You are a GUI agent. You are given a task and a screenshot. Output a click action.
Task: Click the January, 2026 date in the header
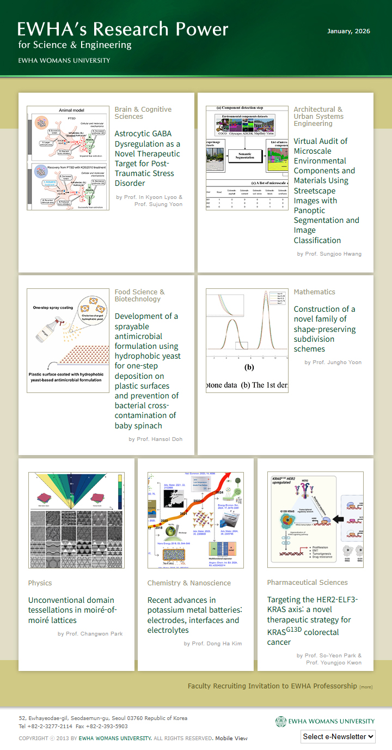click(x=348, y=31)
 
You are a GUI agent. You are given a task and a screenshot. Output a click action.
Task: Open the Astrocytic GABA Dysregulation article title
click(x=147, y=158)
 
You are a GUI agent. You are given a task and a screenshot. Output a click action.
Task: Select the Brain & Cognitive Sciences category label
click(x=143, y=113)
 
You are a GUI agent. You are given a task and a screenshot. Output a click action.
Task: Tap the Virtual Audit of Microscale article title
click(x=326, y=190)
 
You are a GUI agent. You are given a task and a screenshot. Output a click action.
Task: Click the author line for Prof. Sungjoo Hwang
click(x=329, y=254)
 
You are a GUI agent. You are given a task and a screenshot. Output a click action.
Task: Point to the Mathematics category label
click(x=314, y=292)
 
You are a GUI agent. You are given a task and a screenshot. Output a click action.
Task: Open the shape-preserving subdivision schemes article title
click(x=324, y=329)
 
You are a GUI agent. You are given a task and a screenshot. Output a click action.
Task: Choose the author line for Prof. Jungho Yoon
click(x=333, y=362)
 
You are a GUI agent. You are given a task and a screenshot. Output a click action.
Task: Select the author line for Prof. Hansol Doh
click(x=155, y=439)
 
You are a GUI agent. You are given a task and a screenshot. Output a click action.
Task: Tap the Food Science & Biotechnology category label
click(x=139, y=295)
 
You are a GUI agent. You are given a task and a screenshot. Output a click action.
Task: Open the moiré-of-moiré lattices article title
click(x=72, y=610)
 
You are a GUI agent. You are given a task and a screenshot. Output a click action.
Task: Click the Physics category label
click(x=40, y=583)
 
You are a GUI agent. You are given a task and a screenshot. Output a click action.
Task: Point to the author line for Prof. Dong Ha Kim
click(x=213, y=644)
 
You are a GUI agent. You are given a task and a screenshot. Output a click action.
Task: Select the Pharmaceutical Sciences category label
click(x=307, y=583)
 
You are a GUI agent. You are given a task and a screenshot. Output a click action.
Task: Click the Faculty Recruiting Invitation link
click(x=272, y=686)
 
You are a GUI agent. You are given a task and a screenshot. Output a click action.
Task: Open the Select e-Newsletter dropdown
click(x=338, y=736)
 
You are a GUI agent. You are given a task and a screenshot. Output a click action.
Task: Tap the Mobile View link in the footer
click(x=231, y=739)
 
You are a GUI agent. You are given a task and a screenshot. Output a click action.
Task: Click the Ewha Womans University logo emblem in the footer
click(x=280, y=721)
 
